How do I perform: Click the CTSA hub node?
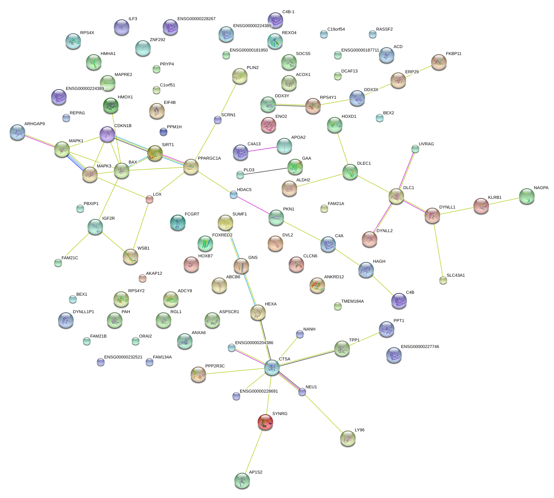coord(272,367)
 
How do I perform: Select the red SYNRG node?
coord(265,422)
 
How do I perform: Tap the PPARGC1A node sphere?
coord(191,167)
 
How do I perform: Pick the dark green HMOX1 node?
coord(111,105)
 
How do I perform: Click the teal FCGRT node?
coord(178,222)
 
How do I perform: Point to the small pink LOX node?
coord(149,199)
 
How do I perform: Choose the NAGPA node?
coord(527,196)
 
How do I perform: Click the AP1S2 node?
coord(242,481)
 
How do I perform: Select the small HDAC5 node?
coord(233,195)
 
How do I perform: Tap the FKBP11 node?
coord(439,62)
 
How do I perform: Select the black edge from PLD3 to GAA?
coord(263,171)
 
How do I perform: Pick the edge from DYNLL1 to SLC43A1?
coord(438,248)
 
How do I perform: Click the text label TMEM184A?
coord(352,302)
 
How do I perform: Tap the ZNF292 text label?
coord(157,40)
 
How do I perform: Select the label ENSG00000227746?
coord(420,347)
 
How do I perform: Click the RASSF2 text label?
coord(384,29)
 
